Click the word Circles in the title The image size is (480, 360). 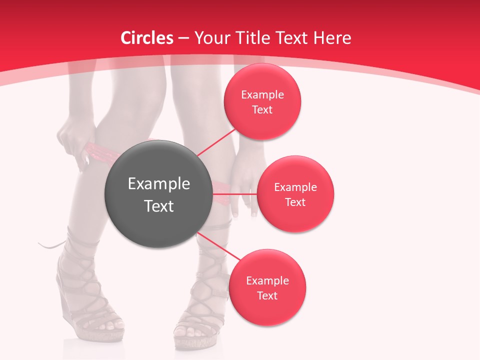click(147, 38)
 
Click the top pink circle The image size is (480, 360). click(262, 101)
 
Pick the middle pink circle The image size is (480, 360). click(295, 194)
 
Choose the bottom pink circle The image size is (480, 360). click(267, 287)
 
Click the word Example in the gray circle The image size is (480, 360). click(159, 184)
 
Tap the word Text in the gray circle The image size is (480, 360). click(159, 206)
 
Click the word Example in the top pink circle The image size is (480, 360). click(262, 94)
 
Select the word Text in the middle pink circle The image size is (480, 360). click(295, 202)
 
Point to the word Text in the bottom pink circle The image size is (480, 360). click(267, 295)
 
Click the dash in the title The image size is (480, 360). click(183, 38)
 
